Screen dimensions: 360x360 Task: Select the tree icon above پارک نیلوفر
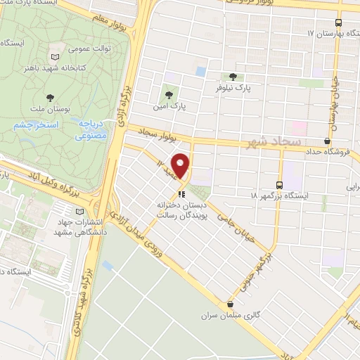(x=233, y=77)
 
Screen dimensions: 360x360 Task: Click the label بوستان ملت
(x=50, y=110)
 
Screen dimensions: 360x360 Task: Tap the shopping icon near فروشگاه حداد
(x=327, y=141)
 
